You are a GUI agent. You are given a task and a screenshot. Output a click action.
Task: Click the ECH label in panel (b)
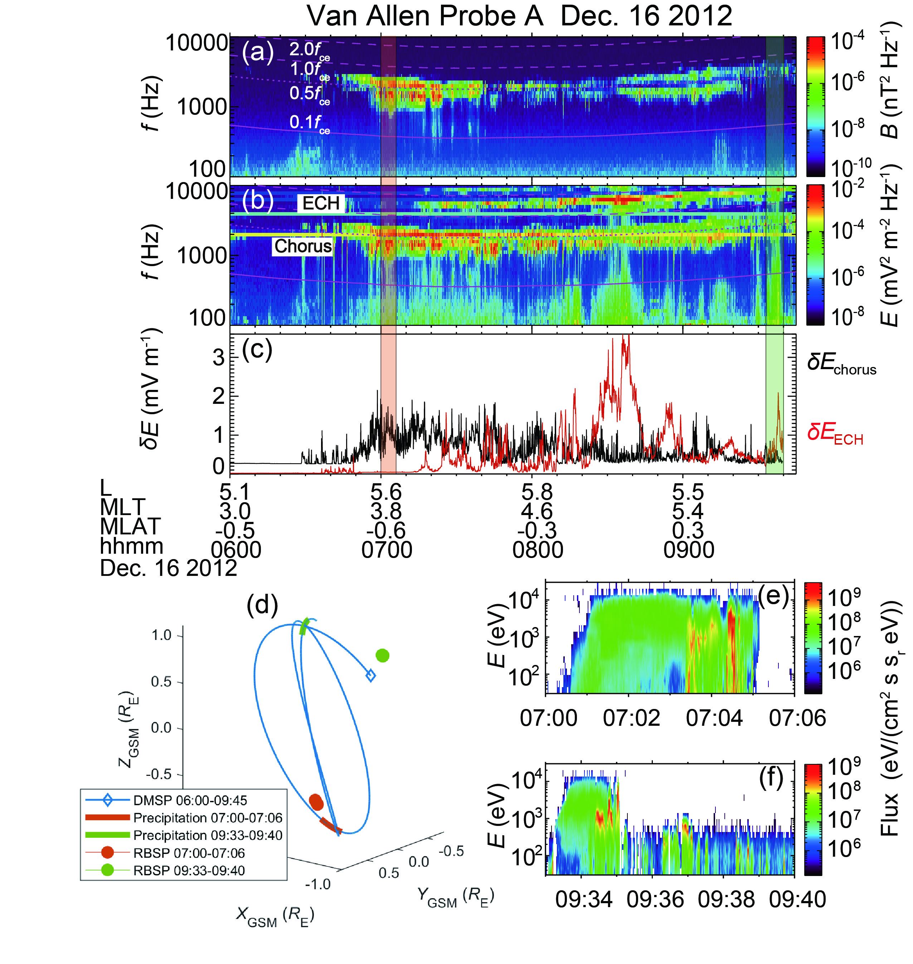(321, 203)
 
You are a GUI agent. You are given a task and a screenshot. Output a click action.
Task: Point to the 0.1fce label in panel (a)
(309, 123)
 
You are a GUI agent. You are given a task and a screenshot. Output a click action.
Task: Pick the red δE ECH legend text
(835, 433)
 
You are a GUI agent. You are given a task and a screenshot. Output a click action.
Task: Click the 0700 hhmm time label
(387, 550)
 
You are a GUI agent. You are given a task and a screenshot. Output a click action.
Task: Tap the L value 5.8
(537, 493)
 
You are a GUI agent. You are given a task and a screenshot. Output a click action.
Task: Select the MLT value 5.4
(688, 511)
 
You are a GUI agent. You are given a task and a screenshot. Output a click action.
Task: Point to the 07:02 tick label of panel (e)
(631, 718)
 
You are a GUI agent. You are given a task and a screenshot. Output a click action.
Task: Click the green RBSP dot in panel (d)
(383, 656)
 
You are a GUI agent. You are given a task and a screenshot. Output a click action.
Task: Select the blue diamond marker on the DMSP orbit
(370, 676)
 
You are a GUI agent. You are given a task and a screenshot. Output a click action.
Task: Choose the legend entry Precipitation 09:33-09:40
(208, 835)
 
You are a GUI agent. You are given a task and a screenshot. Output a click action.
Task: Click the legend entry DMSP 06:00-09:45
(190, 800)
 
